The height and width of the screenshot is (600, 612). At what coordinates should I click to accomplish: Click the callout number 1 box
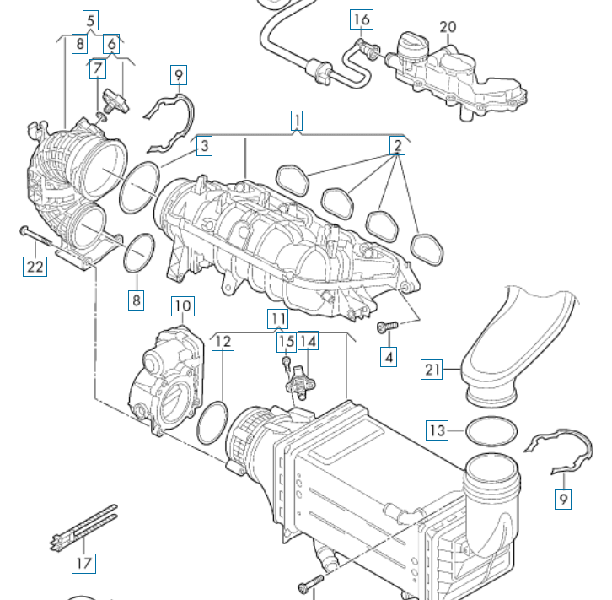pyautogui.click(x=297, y=121)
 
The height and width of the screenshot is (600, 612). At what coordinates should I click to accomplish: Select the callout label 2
pyautogui.click(x=396, y=145)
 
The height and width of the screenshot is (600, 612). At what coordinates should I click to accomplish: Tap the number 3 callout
pyautogui.click(x=204, y=147)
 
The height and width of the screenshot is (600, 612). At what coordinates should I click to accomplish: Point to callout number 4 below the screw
pyautogui.click(x=389, y=357)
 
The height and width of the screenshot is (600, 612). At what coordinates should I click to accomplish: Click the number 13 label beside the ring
pyautogui.click(x=436, y=431)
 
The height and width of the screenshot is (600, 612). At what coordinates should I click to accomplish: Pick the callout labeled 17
pyautogui.click(x=83, y=562)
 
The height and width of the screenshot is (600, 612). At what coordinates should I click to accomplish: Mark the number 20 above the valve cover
pyautogui.click(x=448, y=27)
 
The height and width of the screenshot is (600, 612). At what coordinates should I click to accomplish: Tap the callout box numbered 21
pyautogui.click(x=432, y=369)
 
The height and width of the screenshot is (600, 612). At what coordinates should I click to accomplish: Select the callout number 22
pyautogui.click(x=34, y=267)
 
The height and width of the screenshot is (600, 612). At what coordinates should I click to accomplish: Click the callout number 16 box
pyautogui.click(x=361, y=19)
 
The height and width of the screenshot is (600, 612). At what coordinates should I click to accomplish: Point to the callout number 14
pyautogui.click(x=309, y=341)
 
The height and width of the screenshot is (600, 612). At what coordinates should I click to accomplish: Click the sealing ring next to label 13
pyautogui.click(x=491, y=432)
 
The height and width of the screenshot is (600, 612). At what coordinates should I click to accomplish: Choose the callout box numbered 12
pyautogui.click(x=222, y=341)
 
